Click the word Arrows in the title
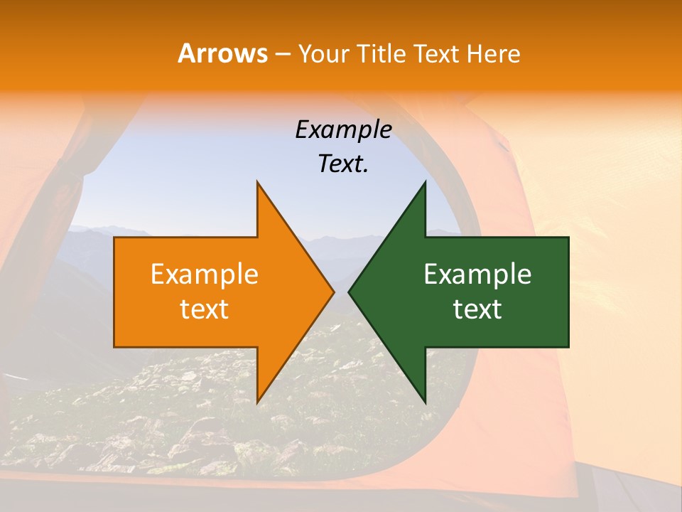coord(222,53)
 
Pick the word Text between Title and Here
coord(438,54)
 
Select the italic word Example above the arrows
coord(343,130)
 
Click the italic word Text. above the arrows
coord(343,164)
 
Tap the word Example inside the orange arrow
coord(205,274)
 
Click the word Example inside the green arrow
coord(477,274)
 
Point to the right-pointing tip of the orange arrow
coord(334,292)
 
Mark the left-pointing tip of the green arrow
coord(348,292)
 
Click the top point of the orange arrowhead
coord(257,181)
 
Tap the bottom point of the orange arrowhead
coord(257,402)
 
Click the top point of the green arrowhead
coord(425,181)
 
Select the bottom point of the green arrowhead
coord(425,402)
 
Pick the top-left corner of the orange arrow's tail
coord(114,238)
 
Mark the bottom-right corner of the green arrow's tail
coord(568,347)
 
